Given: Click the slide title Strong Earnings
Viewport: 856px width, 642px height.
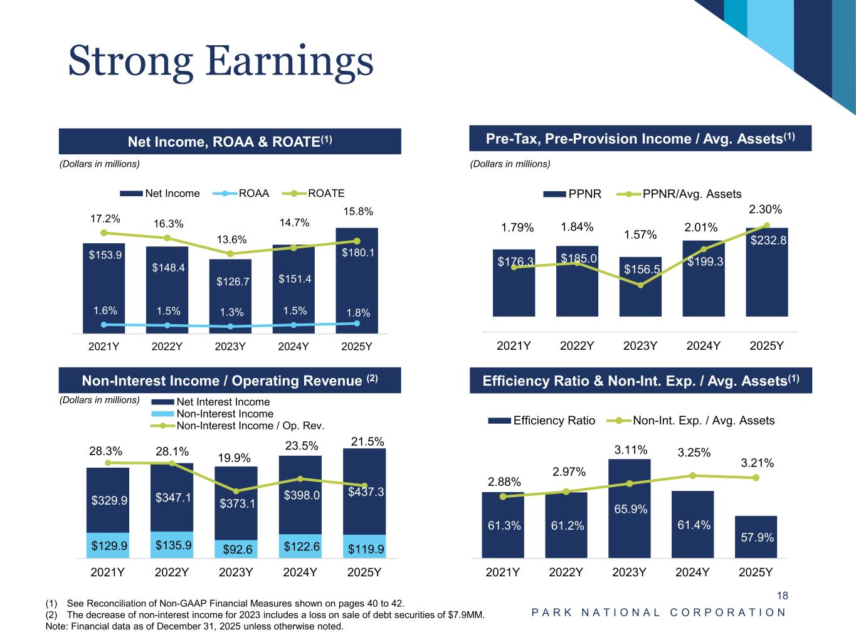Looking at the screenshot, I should (221, 61).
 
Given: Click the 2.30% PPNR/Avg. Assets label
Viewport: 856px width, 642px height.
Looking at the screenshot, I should (766, 209).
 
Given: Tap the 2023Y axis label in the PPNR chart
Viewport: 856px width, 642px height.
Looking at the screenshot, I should (640, 345).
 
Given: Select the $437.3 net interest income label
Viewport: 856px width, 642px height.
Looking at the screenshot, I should (366, 492).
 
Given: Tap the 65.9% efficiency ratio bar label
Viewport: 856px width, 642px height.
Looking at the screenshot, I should (630, 510).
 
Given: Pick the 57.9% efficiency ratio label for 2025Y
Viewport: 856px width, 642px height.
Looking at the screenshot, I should (757, 537).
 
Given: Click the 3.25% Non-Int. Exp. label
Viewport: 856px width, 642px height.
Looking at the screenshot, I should (694, 452).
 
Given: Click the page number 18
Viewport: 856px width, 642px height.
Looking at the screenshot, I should (782, 596).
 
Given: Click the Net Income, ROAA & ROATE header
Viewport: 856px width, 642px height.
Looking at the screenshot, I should (230, 142).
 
